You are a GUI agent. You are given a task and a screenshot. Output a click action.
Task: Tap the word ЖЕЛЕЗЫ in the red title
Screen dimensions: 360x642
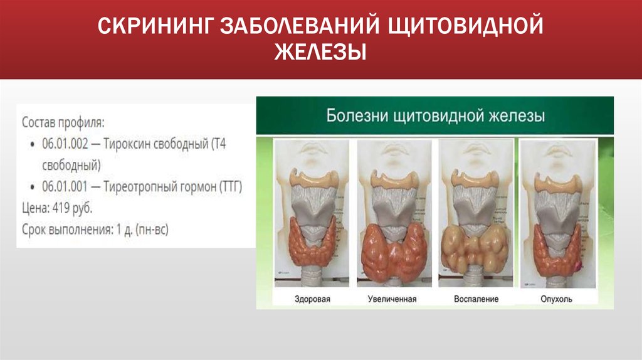click(320, 51)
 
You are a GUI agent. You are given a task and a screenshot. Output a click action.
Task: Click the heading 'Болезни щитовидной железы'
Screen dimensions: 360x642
click(435, 116)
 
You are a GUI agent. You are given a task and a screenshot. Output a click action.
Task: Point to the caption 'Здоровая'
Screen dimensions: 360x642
click(312, 299)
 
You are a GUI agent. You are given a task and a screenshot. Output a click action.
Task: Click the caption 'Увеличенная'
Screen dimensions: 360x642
click(392, 299)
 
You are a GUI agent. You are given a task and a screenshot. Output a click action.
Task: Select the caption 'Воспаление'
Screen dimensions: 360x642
click(476, 299)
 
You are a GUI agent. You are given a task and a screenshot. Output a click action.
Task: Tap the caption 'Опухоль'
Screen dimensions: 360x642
click(556, 299)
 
